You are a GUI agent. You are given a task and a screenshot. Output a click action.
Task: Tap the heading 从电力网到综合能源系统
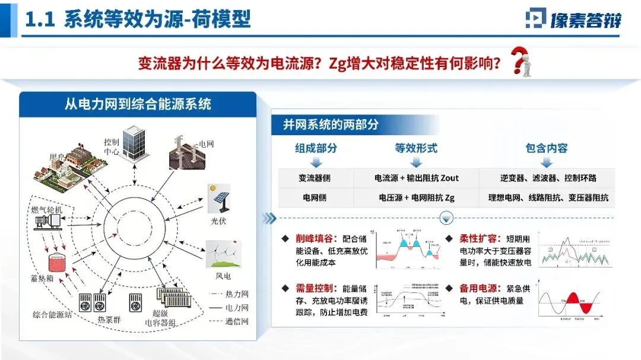138,104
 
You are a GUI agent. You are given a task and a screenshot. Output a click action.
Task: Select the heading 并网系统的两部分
331,125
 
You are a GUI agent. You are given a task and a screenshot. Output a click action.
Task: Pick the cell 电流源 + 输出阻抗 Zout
417,178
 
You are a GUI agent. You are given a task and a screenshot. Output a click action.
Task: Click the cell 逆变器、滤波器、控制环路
547,178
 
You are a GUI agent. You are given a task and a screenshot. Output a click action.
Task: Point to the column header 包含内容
547,148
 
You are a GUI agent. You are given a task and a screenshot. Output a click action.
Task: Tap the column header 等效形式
416,148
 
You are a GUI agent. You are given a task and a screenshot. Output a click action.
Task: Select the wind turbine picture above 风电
223,254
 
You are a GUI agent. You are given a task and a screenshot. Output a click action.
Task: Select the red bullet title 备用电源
478,288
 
